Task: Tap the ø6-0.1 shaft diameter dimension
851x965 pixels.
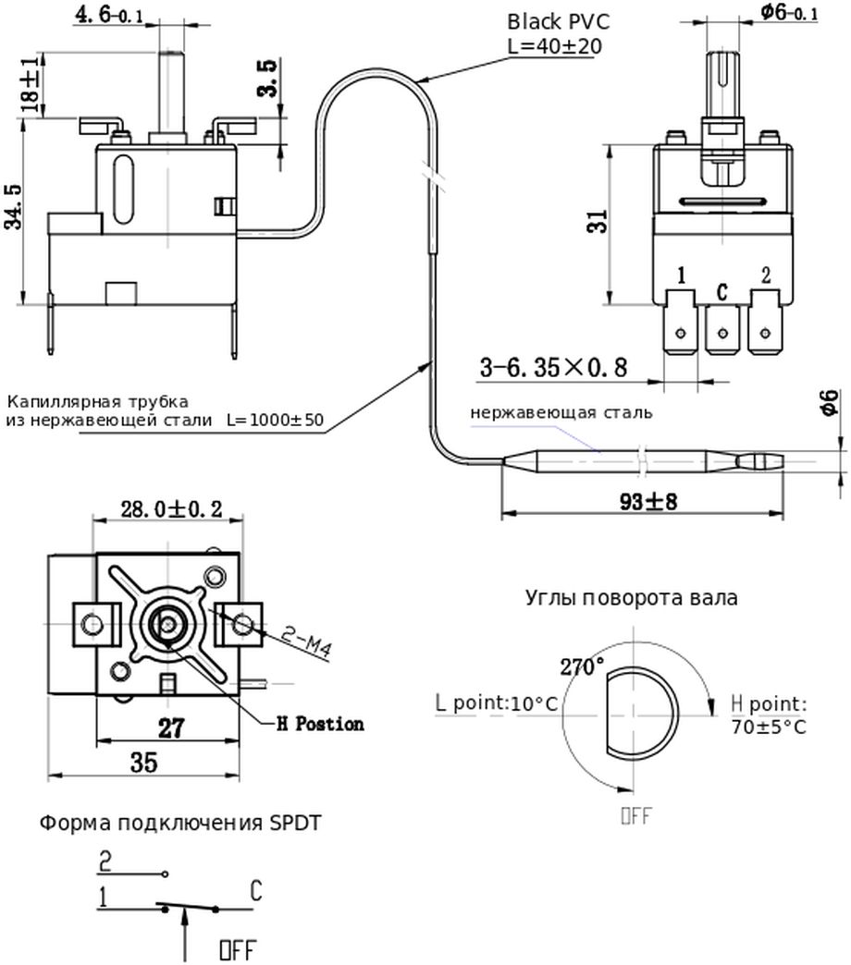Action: point(788,12)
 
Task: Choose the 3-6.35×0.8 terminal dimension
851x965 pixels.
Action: point(553,368)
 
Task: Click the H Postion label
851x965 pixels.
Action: point(320,724)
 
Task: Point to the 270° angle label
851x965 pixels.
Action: point(583,665)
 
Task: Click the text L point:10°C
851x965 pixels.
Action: point(497,703)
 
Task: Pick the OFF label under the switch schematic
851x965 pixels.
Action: point(236,949)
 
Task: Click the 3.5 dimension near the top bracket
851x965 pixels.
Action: point(266,79)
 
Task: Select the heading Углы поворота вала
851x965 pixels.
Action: point(632,597)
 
